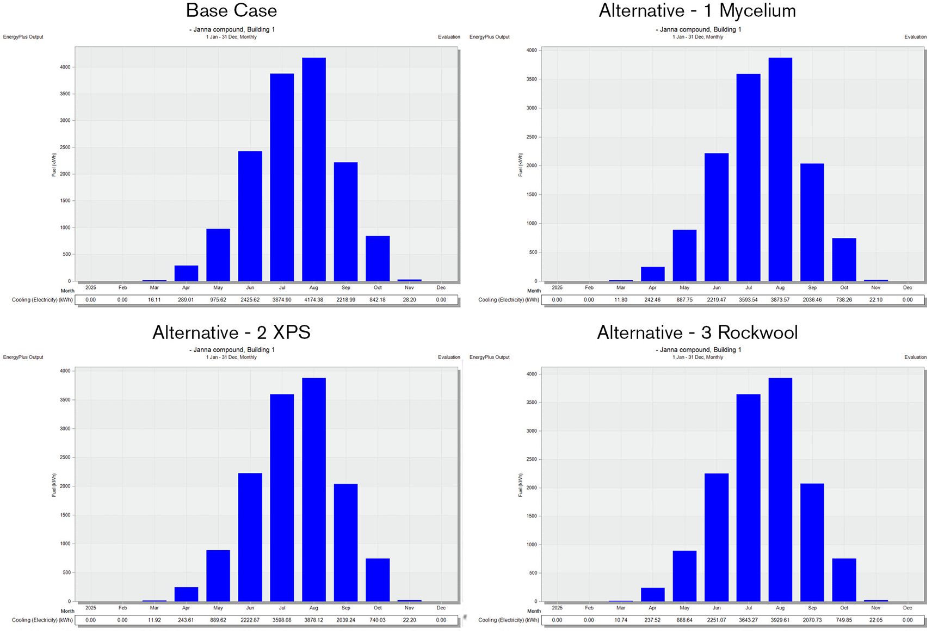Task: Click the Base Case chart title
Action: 231,10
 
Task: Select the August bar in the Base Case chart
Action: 314,169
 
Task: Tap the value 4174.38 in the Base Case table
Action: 314,300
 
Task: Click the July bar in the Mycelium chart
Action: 748,177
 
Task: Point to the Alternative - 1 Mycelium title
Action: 697,10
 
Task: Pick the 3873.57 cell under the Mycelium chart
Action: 780,300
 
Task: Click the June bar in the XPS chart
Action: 250,537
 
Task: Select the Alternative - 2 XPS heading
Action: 231,332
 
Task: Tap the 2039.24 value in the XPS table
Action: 346,620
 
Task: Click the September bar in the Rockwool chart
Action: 812,542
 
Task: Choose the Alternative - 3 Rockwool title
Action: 697,332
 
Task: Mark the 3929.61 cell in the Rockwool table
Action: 780,620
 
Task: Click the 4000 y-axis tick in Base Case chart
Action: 65,67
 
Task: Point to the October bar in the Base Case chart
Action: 378,258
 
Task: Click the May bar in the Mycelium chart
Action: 684,255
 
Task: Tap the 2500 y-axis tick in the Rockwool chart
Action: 532,459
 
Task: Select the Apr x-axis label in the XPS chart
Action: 186,608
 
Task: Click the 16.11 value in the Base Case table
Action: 155,300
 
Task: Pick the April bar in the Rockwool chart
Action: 652,594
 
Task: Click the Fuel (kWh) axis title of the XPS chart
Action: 54,485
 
